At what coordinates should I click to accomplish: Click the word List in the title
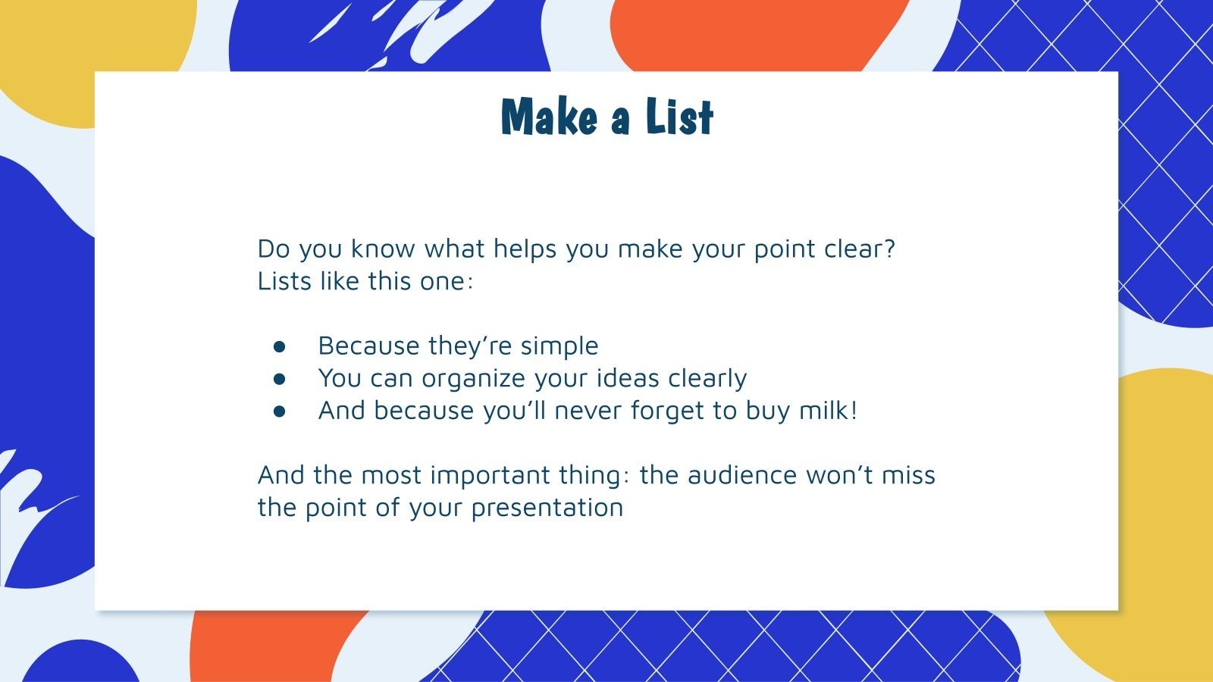(x=679, y=118)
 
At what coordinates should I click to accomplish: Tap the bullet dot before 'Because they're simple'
(x=280, y=346)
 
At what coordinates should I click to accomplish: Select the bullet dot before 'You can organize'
(x=280, y=378)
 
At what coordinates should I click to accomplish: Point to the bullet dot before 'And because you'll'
(x=280, y=411)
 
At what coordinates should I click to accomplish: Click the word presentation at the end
(x=547, y=508)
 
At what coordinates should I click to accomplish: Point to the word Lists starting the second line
(x=284, y=281)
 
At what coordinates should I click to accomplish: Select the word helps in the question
(x=525, y=249)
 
